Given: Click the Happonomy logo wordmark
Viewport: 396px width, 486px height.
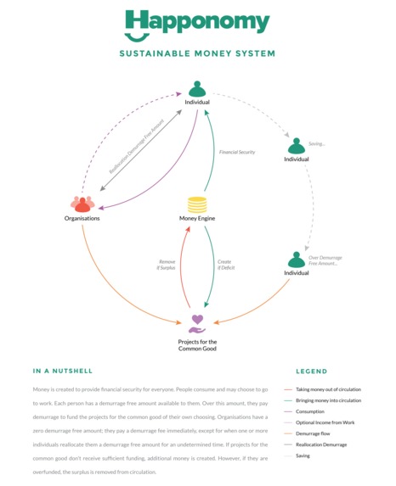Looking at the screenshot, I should coord(197,24).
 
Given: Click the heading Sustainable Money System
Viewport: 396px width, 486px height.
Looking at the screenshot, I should coord(197,53).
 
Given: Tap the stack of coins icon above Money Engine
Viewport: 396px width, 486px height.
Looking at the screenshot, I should coord(197,204).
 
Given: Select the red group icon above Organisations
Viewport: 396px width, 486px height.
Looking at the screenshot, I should coord(82,204).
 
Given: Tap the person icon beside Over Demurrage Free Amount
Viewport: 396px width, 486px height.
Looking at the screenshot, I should coord(297,259).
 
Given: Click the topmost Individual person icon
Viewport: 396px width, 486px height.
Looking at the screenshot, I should coord(197,88).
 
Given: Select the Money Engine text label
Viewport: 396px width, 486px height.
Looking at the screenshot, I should coord(197,219).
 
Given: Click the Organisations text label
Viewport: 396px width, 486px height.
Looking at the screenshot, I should coord(82,219).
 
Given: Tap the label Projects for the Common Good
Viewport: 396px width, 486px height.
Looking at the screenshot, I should coord(197,345).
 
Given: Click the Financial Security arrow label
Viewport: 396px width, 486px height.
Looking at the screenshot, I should coord(237,152).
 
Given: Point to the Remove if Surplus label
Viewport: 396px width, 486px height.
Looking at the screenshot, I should coord(167,264).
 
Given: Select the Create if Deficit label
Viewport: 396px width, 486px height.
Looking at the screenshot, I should coord(224,264).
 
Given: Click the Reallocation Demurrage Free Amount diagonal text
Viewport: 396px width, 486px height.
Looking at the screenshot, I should coord(142,146).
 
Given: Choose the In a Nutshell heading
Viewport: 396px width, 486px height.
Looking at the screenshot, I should coord(63,371).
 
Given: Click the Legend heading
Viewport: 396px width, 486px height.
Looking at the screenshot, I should coord(311,371).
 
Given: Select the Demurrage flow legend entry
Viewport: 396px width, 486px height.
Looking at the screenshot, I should coord(315,433).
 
